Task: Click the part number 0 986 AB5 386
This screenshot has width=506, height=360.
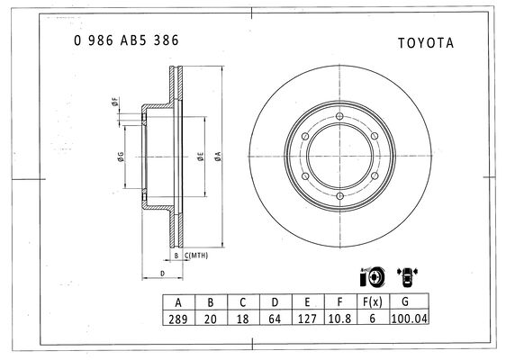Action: coord(126,40)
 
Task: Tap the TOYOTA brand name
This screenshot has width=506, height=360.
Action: coord(426,43)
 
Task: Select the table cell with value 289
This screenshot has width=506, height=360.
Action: coord(178,319)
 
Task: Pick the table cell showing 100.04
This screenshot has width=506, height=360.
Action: coord(410,318)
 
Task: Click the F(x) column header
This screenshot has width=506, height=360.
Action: coord(373,301)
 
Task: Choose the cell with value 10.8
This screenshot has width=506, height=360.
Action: coord(339,319)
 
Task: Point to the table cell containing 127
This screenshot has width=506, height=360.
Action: coord(307,319)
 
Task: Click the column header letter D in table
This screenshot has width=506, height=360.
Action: coord(275,302)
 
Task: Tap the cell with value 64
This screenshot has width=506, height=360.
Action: coord(275,319)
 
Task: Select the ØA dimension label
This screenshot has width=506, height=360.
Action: coord(219,156)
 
